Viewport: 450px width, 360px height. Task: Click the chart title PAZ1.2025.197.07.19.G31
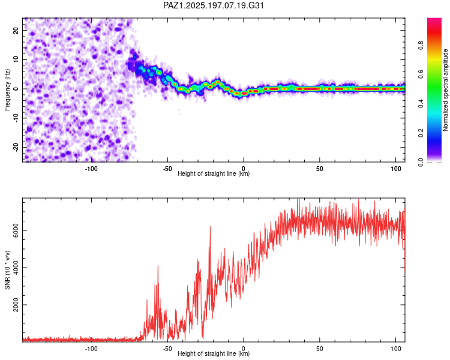point(213,5)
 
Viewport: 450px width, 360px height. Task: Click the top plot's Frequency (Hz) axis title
point(7,90)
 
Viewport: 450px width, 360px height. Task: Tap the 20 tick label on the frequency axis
point(16,30)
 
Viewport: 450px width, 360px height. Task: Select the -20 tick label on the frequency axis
point(16,147)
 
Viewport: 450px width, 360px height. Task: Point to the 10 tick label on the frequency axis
point(16,59)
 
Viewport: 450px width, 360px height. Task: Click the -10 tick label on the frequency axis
point(16,118)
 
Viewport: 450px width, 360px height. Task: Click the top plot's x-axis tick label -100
point(91,169)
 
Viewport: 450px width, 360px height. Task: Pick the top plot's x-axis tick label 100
point(396,169)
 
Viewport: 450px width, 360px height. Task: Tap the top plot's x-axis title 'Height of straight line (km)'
point(214,173)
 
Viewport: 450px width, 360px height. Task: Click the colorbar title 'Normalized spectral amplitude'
point(445,90)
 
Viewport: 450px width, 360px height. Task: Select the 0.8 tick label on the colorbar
point(421,46)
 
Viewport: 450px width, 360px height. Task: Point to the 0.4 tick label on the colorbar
point(421,104)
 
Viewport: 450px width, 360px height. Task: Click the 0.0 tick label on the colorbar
point(421,162)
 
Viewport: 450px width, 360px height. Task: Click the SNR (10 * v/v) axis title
point(7,270)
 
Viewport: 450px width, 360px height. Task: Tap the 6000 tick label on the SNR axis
point(16,230)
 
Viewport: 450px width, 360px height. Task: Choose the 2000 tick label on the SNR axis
point(16,305)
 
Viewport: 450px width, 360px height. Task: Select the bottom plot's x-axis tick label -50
point(167,349)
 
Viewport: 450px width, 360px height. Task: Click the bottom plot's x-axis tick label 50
point(320,349)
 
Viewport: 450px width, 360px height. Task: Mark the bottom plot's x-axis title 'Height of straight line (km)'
point(214,353)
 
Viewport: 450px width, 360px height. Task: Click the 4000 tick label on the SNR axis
point(16,268)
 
